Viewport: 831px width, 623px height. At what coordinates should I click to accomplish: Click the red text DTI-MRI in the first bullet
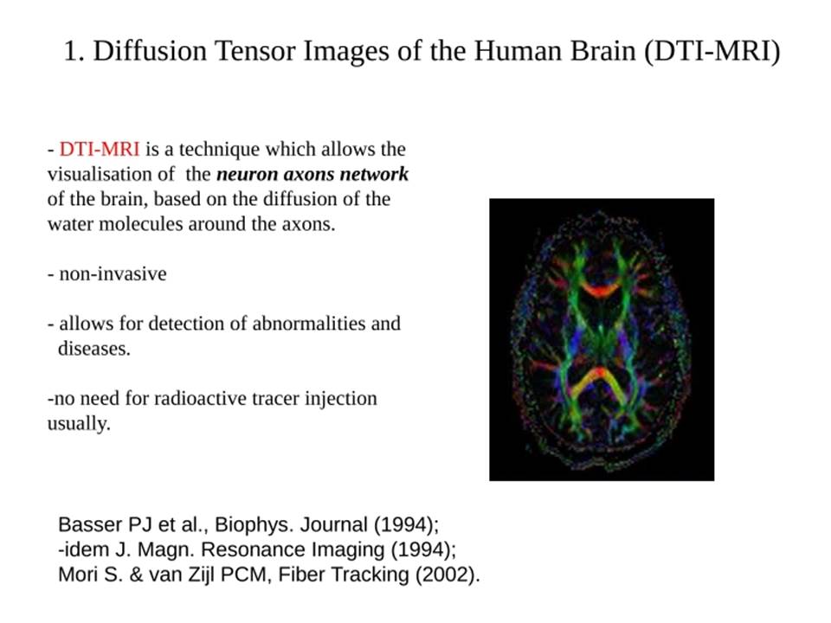coord(100,150)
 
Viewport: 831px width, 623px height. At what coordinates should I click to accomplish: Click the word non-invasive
coord(113,274)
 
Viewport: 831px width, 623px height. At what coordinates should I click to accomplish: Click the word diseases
coord(93,349)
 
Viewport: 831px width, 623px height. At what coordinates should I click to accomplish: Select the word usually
coord(79,424)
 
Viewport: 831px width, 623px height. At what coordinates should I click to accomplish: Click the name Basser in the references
coord(91,524)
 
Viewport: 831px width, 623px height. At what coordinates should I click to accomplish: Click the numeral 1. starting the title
coord(74,51)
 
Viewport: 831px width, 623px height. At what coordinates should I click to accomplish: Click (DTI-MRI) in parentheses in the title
coord(712,51)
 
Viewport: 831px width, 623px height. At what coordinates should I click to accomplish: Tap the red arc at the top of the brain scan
coord(601,290)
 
